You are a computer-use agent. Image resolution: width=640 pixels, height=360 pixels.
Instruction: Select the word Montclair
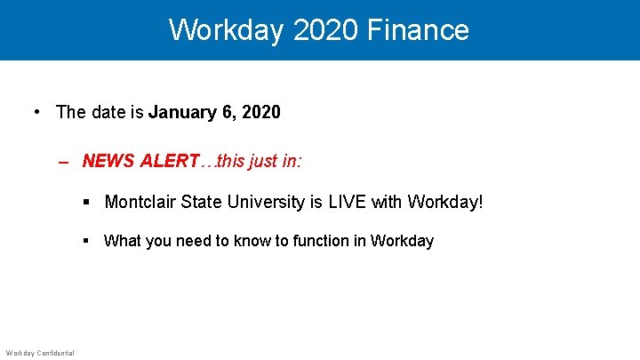(x=140, y=202)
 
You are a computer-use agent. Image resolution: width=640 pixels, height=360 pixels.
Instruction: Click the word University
(x=264, y=202)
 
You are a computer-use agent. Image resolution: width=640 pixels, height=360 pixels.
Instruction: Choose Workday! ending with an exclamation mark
(x=445, y=202)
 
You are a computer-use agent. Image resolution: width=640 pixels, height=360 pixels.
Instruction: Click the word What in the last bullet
(x=121, y=241)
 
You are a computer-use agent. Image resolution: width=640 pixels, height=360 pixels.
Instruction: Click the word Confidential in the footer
(x=55, y=353)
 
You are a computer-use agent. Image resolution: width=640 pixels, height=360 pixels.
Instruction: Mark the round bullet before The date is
(x=36, y=113)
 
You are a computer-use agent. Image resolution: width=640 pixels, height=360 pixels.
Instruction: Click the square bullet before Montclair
(x=86, y=203)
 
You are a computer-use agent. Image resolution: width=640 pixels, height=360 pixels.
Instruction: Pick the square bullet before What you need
(x=86, y=241)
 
